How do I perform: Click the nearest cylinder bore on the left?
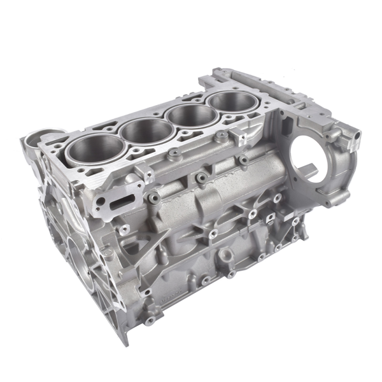click(x=97, y=148)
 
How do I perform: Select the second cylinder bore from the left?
click(x=148, y=131)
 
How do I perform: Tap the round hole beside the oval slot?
click(x=99, y=203)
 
